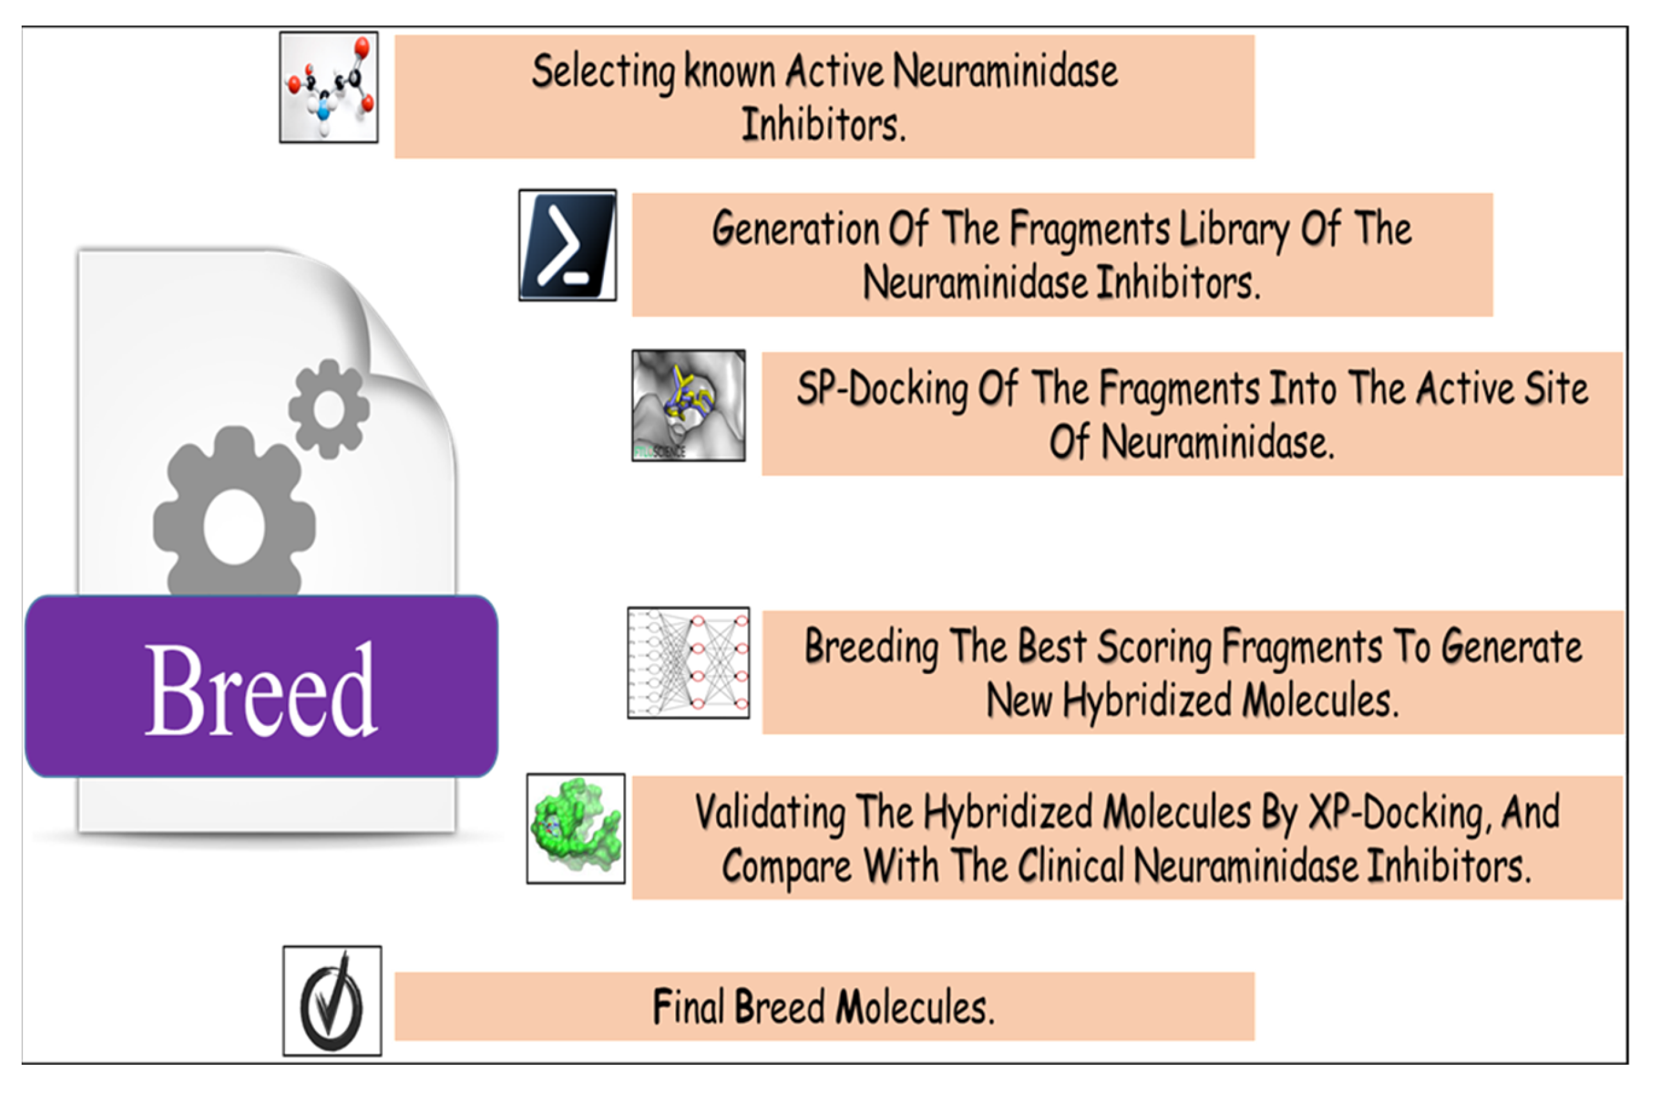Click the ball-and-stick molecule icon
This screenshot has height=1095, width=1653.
(329, 87)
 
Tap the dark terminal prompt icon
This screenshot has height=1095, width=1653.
(567, 246)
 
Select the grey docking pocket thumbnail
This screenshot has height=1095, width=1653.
(689, 406)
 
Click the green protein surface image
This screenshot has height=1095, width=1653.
(575, 828)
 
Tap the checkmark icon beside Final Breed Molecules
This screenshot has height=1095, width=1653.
(332, 1001)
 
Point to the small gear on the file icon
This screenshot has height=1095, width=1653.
(329, 408)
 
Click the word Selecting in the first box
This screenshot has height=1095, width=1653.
(603, 72)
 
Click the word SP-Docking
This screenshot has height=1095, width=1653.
(882, 389)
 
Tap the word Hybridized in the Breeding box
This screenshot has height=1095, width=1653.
(1146, 700)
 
